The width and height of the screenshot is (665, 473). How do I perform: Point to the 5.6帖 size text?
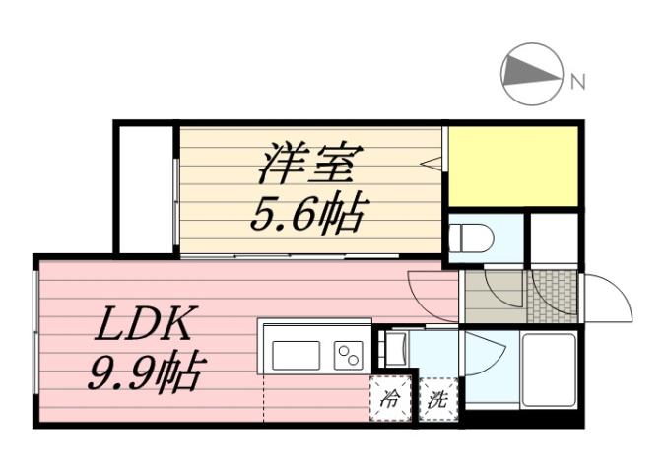[x=308, y=212]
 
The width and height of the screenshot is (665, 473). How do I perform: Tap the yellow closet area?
[x=513, y=166]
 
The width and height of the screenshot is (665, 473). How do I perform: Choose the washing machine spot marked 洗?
[x=437, y=400]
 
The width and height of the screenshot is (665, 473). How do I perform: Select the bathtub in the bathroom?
[x=549, y=370]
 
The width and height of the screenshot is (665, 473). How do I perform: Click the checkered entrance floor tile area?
[x=553, y=295]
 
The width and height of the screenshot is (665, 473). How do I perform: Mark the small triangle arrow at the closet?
[x=430, y=163]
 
